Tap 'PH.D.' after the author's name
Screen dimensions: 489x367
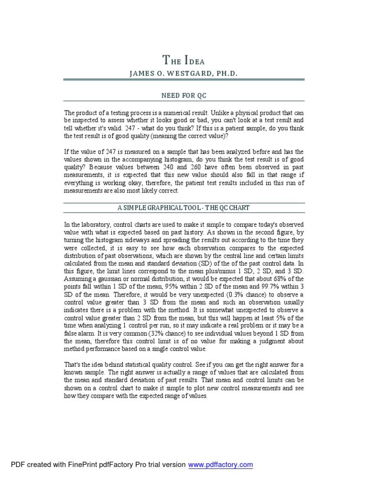[x=225, y=74]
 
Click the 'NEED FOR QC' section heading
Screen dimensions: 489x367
[x=183, y=96]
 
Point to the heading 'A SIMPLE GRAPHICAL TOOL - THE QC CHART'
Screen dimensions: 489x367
[x=184, y=208]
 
